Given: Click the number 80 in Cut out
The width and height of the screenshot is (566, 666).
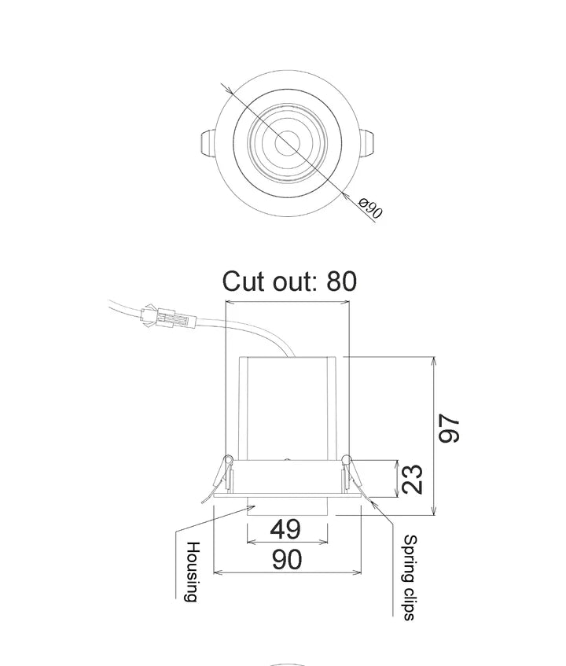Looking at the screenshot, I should click(x=341, y=281).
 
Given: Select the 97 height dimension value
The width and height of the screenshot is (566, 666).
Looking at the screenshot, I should click(x=450, y=429).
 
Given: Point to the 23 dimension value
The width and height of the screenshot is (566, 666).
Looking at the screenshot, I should click(x=412, y=479).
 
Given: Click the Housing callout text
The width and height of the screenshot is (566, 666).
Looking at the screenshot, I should click(x=192, y=572).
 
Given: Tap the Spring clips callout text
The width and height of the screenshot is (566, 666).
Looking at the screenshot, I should click(x=409, y=577).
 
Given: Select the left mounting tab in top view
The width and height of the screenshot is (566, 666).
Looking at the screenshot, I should click(x=205, y=144).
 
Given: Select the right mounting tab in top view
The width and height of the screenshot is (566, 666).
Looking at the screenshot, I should click(x=367, y=144).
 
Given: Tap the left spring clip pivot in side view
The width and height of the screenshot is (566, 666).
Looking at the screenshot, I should click(x=228, y=459).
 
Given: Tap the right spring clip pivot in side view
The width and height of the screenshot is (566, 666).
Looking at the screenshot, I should click(x=346, y=459).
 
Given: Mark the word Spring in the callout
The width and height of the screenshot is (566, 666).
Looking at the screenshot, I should click(x=409, y=559).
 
